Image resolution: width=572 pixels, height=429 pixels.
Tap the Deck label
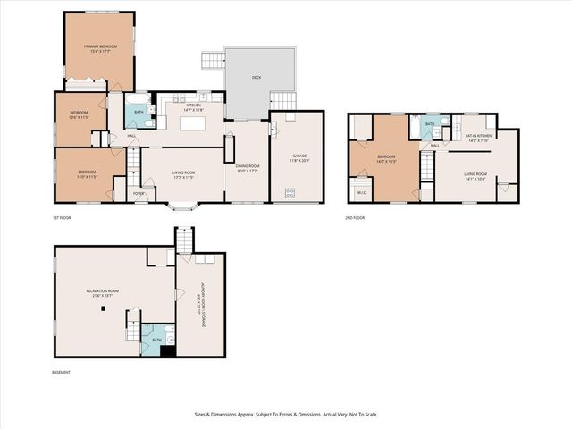257,78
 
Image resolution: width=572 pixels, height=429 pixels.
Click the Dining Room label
248,168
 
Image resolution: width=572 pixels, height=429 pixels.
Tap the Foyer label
139,193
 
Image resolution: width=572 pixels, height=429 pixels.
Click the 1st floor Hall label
131,135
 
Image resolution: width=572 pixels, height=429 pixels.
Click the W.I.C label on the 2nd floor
361,191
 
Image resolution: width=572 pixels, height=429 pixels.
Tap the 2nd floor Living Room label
475,176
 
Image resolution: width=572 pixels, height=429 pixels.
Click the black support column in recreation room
103,309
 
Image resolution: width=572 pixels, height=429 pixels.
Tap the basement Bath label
156,340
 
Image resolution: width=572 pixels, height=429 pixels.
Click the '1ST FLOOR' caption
61,217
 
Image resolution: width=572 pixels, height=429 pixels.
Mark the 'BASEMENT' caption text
61,373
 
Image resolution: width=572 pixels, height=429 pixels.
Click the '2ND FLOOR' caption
355,217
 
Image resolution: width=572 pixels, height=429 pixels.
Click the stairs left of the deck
213,61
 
